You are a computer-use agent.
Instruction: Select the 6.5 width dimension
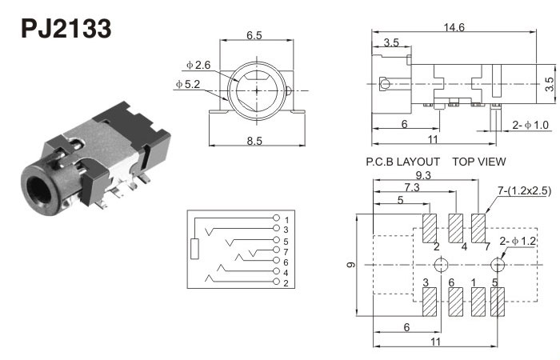tap(254, 34)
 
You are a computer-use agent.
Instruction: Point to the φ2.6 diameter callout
tap(198, 64)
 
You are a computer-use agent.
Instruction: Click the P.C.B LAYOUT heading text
tap(402, 161)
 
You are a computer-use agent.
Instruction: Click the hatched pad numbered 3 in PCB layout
tap(429, 302)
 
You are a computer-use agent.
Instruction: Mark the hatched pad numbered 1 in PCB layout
tap(478, 302)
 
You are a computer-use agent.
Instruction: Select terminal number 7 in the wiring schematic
tap(285, 251)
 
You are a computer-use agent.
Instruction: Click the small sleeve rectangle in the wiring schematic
tap(195, 249)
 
